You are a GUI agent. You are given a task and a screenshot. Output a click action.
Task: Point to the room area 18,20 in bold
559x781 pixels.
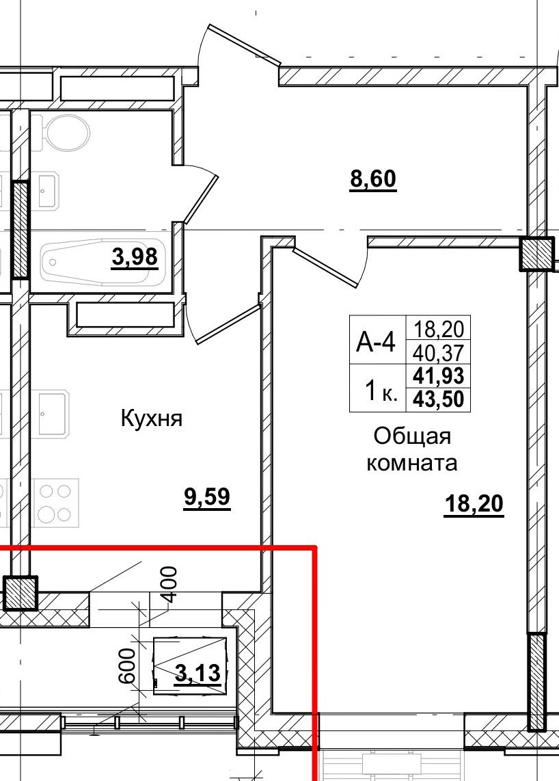[x=474, y=505]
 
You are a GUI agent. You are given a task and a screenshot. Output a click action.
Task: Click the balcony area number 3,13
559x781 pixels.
[x=198, y=674]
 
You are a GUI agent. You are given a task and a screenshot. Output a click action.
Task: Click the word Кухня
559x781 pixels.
[x=151, y=418]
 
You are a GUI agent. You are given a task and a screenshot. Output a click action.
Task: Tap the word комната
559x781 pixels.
[x=412, y=463]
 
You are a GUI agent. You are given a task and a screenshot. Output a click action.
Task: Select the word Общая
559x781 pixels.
[x=412, y=436]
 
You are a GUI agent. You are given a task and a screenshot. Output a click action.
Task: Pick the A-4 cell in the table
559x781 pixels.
[x=377, y=341]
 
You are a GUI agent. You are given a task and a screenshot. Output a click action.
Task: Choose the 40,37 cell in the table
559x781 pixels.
[x=439, y=352]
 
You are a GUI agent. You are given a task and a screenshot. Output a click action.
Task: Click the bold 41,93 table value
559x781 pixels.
[x=439, y=375]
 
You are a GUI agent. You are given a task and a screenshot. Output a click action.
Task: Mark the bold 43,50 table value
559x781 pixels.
[x=439, y=399]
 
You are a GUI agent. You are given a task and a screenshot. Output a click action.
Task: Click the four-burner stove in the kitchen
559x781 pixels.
[x=55, y=503]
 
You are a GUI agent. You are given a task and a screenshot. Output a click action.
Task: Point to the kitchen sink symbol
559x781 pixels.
[x=53, y=412]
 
